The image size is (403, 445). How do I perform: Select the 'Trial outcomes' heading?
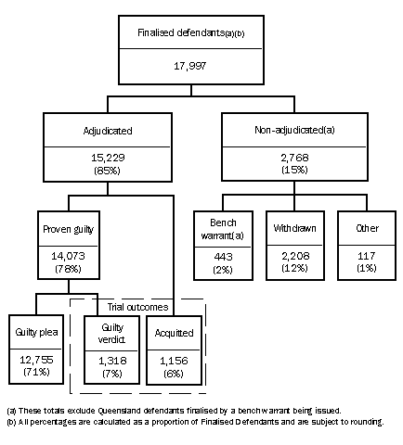[x=138, y=304]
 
